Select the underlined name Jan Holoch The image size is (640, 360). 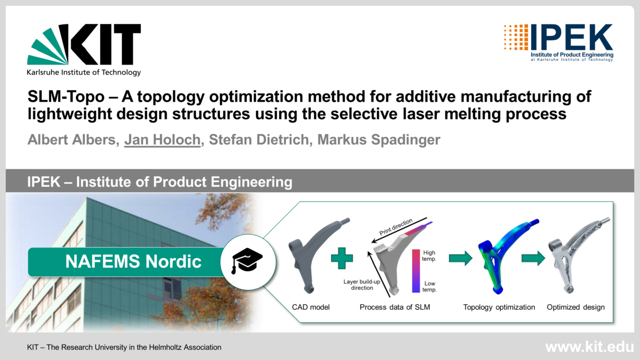tap(163, 140)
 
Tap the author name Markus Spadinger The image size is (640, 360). tap(378, 140)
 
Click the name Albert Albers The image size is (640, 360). tap(73, 140)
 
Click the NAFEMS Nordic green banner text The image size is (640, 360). tap(133, 261)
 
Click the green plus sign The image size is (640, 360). tap(341, 260)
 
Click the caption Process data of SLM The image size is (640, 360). tap(395, 307)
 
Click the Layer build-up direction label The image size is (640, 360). tap(358, 284)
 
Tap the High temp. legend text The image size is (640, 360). tap(429, 255)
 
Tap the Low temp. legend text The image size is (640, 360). tap(429, 287)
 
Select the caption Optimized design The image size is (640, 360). tap(575, 307)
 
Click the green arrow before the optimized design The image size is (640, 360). tap(533, 259)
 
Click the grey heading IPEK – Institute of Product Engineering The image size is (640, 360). tap(160, 182)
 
